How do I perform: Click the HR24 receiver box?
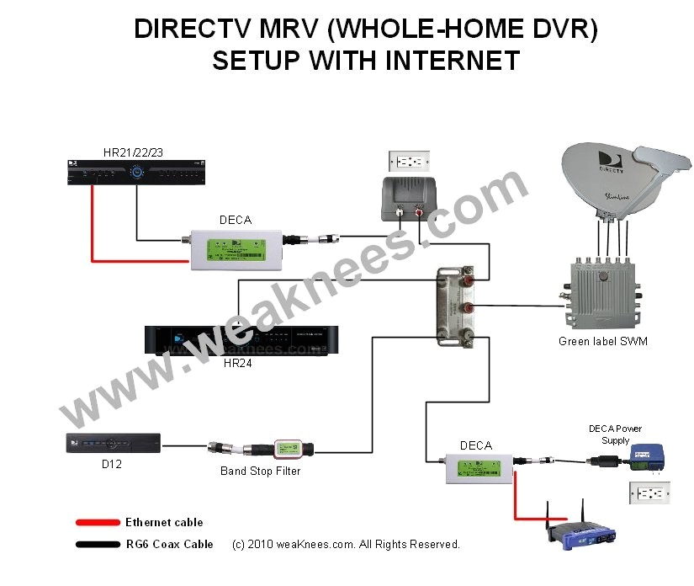point(236,339)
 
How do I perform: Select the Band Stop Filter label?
point(260,471)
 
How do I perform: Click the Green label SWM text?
point(602,341)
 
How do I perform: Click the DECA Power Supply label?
point(615,434)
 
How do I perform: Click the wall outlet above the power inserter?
point(408,161)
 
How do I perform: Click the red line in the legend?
point(98,523)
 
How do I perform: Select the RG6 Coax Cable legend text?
point(169,544)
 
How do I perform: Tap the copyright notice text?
point(346,544)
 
